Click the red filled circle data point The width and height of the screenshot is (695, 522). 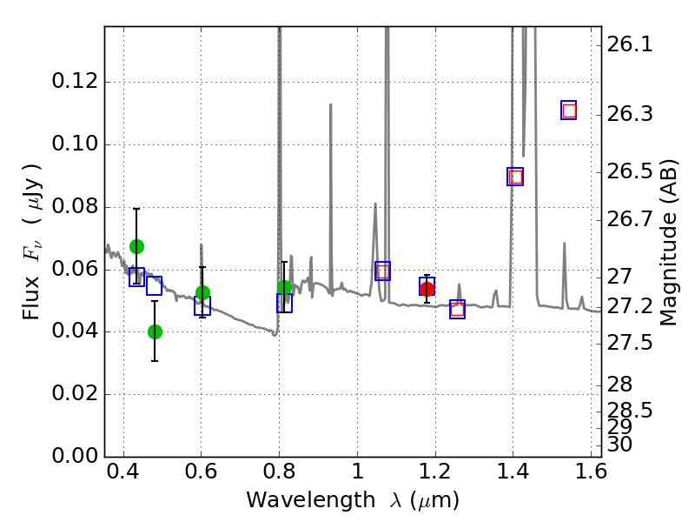(x=427, y=289)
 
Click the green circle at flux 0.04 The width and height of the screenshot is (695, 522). (x=155, y=331)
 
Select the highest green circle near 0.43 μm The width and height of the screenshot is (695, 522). (x=136, y=246)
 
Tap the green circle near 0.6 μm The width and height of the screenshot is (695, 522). (x=202, y=292)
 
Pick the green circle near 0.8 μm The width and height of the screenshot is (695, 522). (x=284, y=287)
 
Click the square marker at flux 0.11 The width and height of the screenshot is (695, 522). (x=569, y=110)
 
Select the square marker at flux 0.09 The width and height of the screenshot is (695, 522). (x=515, y=177)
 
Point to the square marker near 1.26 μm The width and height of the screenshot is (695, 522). (x=458, y=309)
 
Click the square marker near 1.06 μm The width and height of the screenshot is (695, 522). (x=382, y=271)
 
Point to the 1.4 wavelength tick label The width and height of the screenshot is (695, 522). (x=513, y=477)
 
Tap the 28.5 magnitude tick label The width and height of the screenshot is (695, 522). (x=632, y=409)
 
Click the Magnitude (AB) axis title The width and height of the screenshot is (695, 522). (x=668, y=241)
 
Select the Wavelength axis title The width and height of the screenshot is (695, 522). (x=353, y=501)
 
